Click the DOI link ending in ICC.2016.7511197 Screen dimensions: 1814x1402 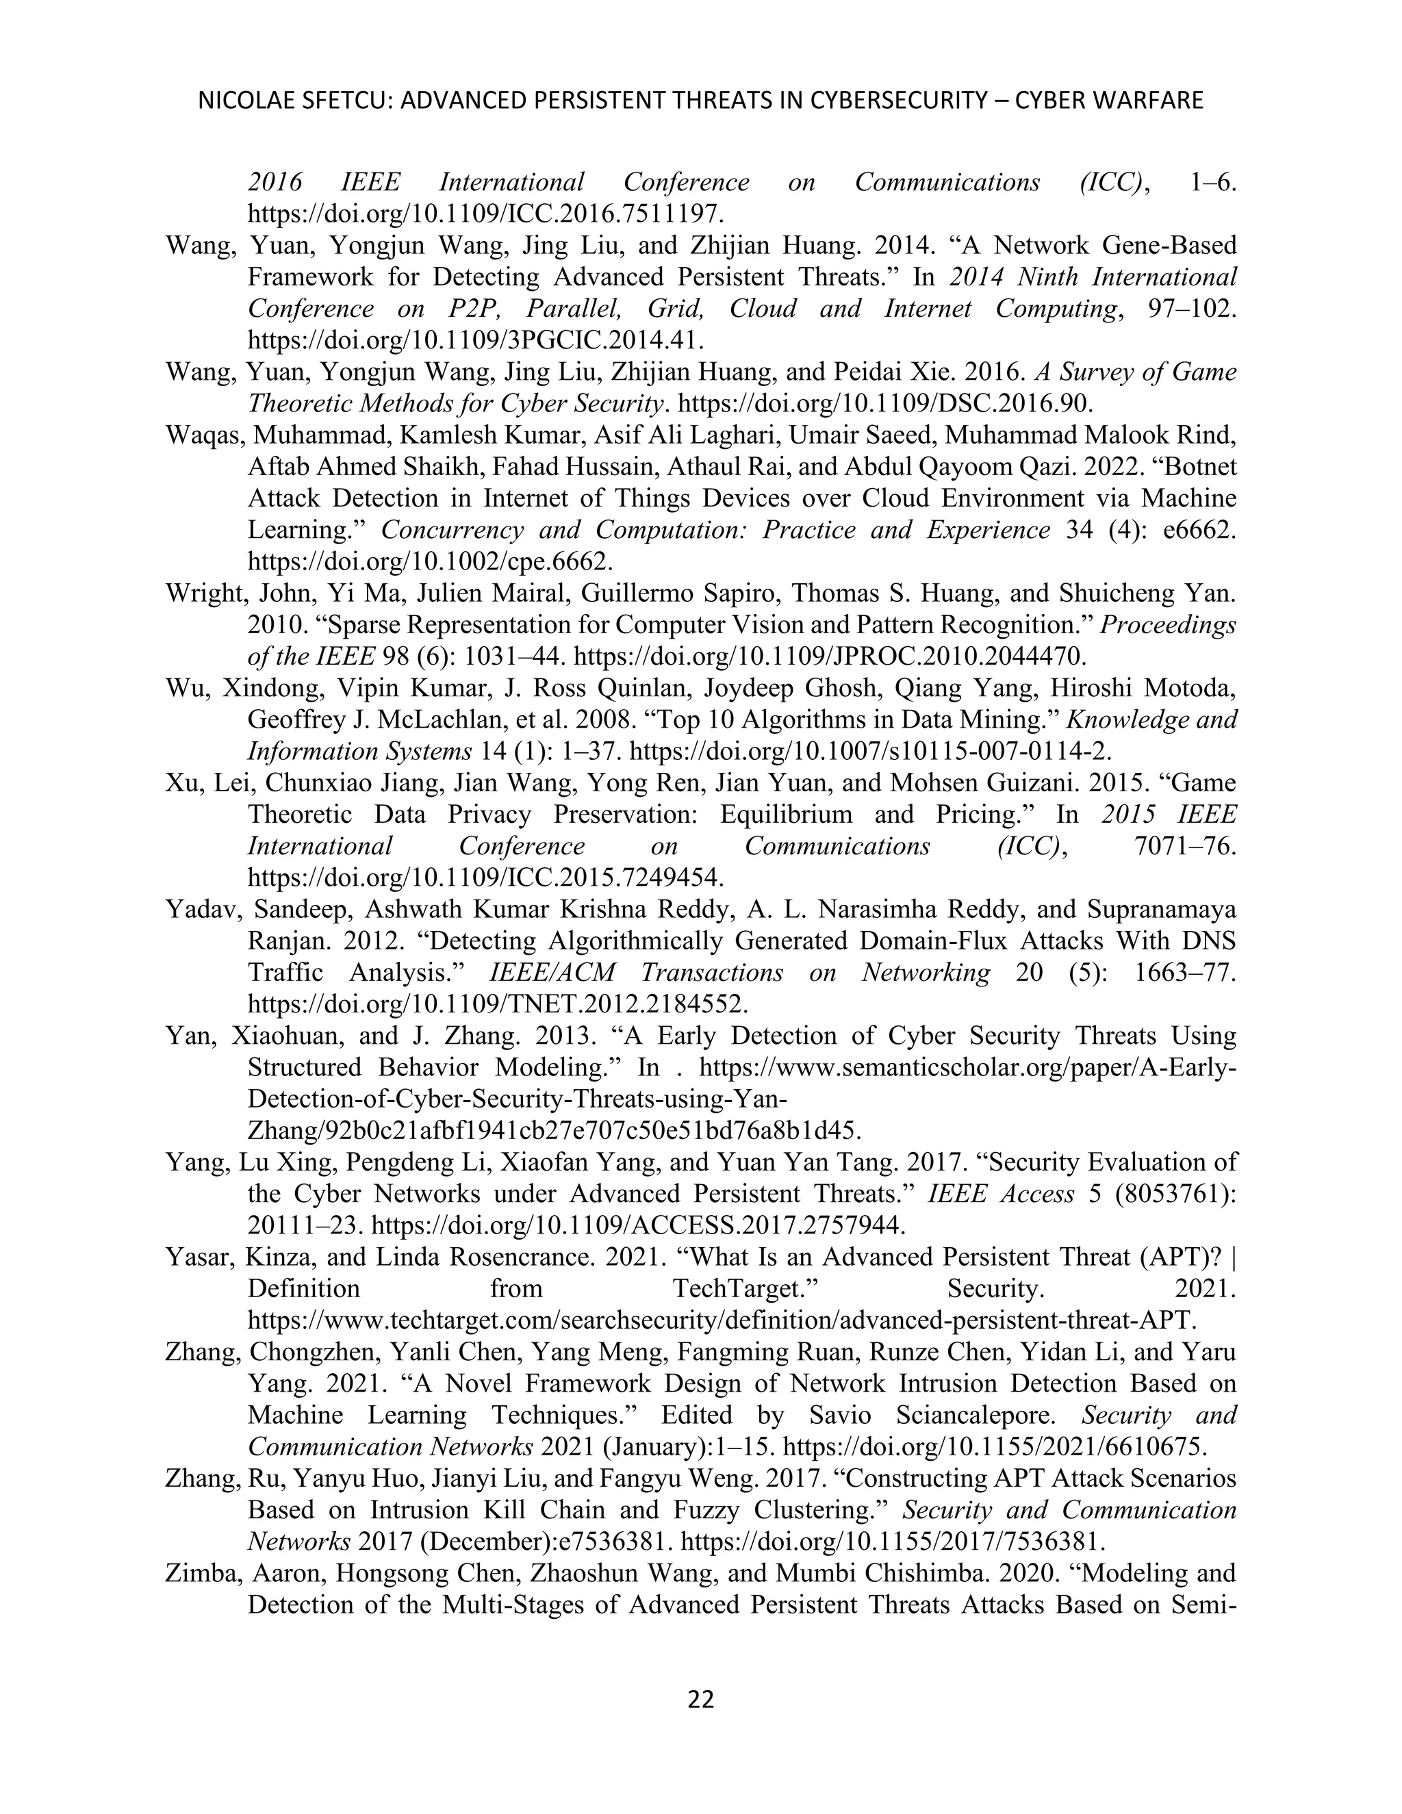pyautogui.click(x=485, y=214)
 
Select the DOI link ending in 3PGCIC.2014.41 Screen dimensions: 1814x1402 pyautogui.click(x=476, y=340)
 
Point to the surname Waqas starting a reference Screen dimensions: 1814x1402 pyautogui.click(x=202, y=435)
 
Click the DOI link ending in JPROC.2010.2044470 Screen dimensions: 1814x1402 pyautogui.click(x=829, y=657)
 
